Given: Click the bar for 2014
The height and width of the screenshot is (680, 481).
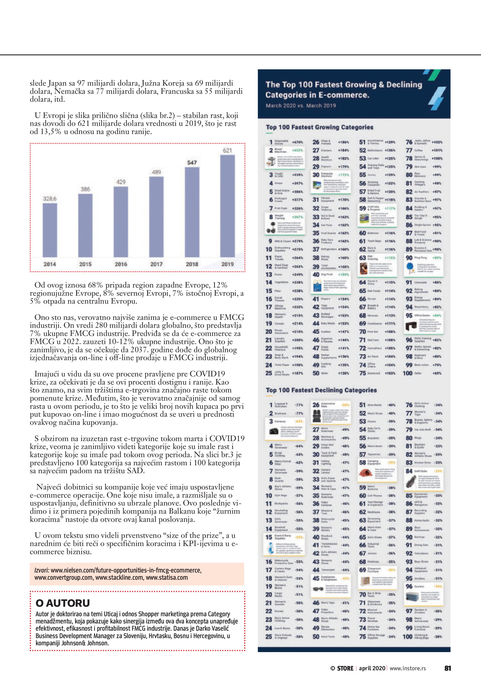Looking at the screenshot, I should pyautogui.click(x=50, y=230).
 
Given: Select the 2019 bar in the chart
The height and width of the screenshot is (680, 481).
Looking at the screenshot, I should pyautogui.click(x=227, y=206).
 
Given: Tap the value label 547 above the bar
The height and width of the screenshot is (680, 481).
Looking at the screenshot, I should pyautogui.click(x=192, y=163).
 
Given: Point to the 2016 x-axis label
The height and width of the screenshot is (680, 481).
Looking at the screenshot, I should pyautogui.click(x=121, y=264).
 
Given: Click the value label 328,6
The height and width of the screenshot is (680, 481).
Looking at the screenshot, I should pyautogui.click(x=50, y=198).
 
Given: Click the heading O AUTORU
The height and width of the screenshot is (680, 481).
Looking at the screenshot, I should pyautogui.click(x=63, y=603).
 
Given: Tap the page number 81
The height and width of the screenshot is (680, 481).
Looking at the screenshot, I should pyautogui.click(x=447, y=668).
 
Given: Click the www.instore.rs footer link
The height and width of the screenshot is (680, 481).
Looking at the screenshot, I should pyautogui.click(x=407, y=668).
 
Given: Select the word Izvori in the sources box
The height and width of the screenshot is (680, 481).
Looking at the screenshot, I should pyautogui.click(x=42, y=570).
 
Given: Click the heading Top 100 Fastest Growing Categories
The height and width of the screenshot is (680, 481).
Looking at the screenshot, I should pyautogui.click(x=319, y=127).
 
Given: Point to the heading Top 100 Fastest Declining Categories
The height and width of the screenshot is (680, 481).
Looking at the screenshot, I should pyautogui.click(x=321, y=390).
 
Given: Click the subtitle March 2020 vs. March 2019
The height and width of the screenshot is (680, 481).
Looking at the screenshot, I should pyautogui.click(x=301, y=105).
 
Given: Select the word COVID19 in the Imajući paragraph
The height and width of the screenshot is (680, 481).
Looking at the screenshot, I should pyautogui.click(x=207, y=374).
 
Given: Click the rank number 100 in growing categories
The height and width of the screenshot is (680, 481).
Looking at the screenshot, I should pyautogui.click(x=407, y=373).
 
